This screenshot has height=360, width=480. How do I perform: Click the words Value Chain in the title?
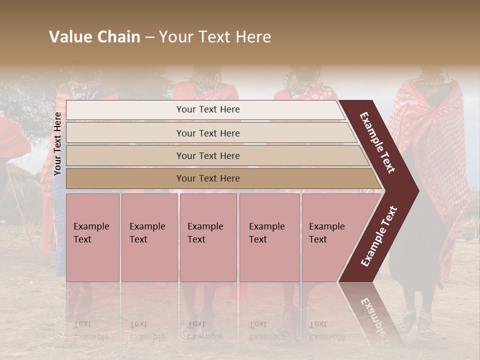(94, 37)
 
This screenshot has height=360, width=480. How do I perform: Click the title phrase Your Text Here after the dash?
(215, 37)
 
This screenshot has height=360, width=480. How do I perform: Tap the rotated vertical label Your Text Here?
(58, 143)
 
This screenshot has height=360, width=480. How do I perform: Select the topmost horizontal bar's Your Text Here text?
(208, 109)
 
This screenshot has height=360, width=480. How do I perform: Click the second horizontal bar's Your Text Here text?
(208, 133)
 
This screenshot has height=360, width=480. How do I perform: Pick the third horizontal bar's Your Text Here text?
(208, 156)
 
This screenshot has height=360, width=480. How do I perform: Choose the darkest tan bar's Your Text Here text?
(208, 178)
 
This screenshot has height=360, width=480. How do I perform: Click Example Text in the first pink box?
(91, 233)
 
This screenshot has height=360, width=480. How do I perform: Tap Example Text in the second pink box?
(147, 233)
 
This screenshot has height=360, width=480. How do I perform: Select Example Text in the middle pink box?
(205, 233)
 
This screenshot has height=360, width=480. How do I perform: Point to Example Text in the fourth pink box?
(266, 233)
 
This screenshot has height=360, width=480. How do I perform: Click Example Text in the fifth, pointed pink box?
(326, 233)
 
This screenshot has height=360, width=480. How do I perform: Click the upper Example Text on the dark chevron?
(377, 143)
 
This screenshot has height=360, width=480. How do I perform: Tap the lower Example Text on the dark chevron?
(379, 236)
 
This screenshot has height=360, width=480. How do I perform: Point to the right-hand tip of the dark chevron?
(418, 190)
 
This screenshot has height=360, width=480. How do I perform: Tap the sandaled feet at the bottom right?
(417, 322)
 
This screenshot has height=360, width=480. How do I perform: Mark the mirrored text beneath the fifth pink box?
(326, 330)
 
